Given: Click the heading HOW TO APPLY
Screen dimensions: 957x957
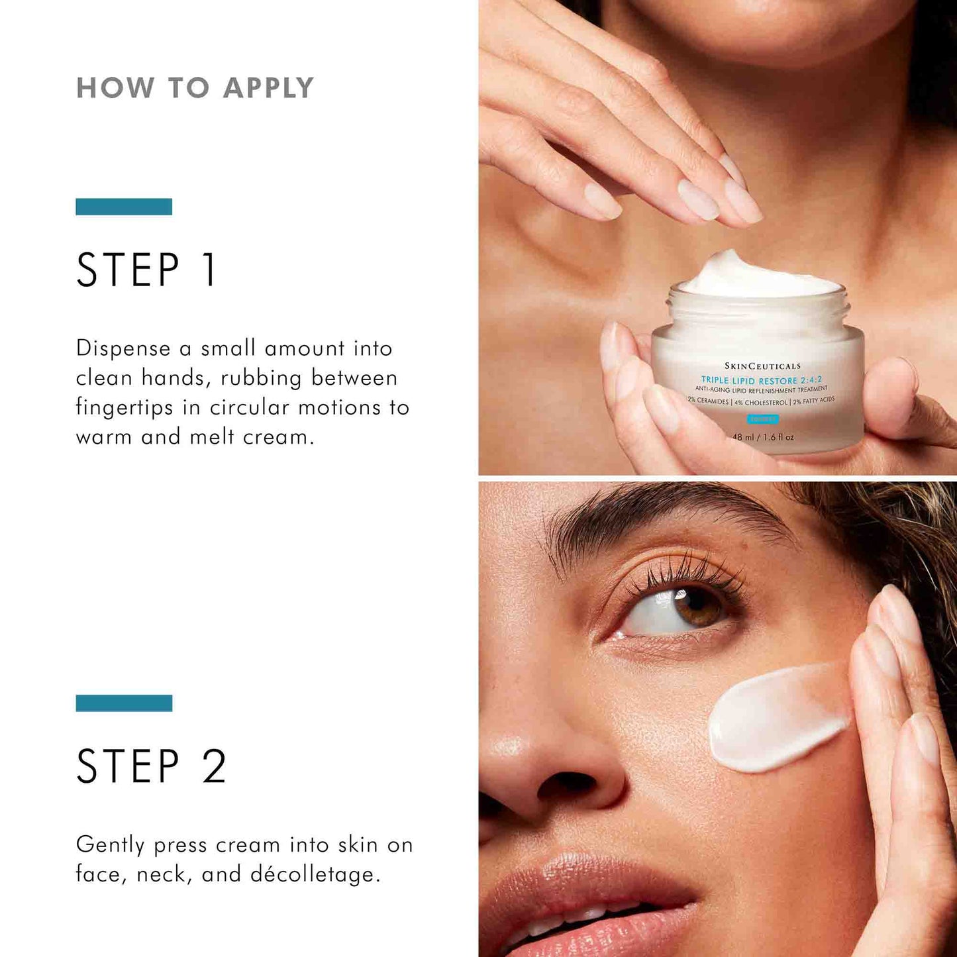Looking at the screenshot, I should [x=195, y=88].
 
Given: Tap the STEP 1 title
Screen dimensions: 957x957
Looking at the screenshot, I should [x=146, y=270].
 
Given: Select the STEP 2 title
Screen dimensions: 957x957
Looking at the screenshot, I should [x=151, y=766].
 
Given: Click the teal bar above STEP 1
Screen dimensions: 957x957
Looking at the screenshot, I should [x=124, y=207].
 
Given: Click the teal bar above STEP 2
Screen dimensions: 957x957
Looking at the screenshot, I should [x=124, y=703].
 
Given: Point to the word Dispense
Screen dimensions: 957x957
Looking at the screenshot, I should [x=123, y=348].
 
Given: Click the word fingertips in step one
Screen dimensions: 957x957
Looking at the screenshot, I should [x=125, y=407].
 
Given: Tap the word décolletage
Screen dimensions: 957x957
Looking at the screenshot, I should [x=315, y=874].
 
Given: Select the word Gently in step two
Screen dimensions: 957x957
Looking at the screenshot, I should [x=110, y=845].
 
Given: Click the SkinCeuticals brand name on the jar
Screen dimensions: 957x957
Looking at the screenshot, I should [x=762, y=366].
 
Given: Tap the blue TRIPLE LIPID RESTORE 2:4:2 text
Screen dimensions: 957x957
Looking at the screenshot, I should [x=762, y=380].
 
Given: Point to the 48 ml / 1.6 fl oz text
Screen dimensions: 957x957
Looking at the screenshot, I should [x=763, y=437].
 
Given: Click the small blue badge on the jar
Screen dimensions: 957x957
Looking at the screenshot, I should [x=762, y=419].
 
